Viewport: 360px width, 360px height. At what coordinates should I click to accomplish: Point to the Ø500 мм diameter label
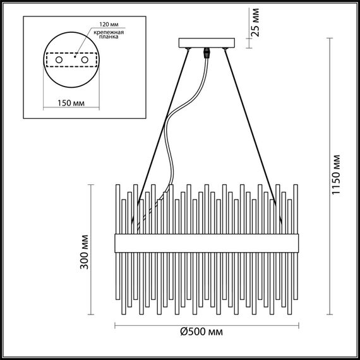coord(201,332)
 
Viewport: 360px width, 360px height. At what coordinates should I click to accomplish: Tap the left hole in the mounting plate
coord(59,59)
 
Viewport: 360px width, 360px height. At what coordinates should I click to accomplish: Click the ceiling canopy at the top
coord(207,44)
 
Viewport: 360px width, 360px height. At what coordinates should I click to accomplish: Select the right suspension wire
coord(253,126)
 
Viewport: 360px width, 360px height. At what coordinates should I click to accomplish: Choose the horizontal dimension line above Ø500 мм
coord(205,325)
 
